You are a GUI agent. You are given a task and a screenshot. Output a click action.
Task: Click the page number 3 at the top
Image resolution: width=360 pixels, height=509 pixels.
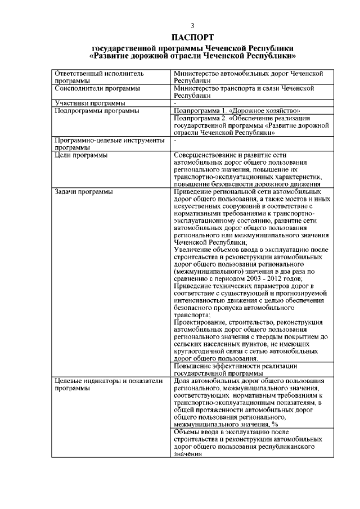[x=193, y=26]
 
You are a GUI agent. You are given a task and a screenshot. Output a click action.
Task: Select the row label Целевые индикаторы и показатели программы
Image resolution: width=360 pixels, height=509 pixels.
[x=103, y=385]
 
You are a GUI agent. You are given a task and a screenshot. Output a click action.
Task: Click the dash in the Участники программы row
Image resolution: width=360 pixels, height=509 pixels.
[x=176, y=103]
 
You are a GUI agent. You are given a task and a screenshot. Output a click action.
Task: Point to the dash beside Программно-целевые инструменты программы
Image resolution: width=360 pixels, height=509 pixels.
[x=176, y=140]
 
